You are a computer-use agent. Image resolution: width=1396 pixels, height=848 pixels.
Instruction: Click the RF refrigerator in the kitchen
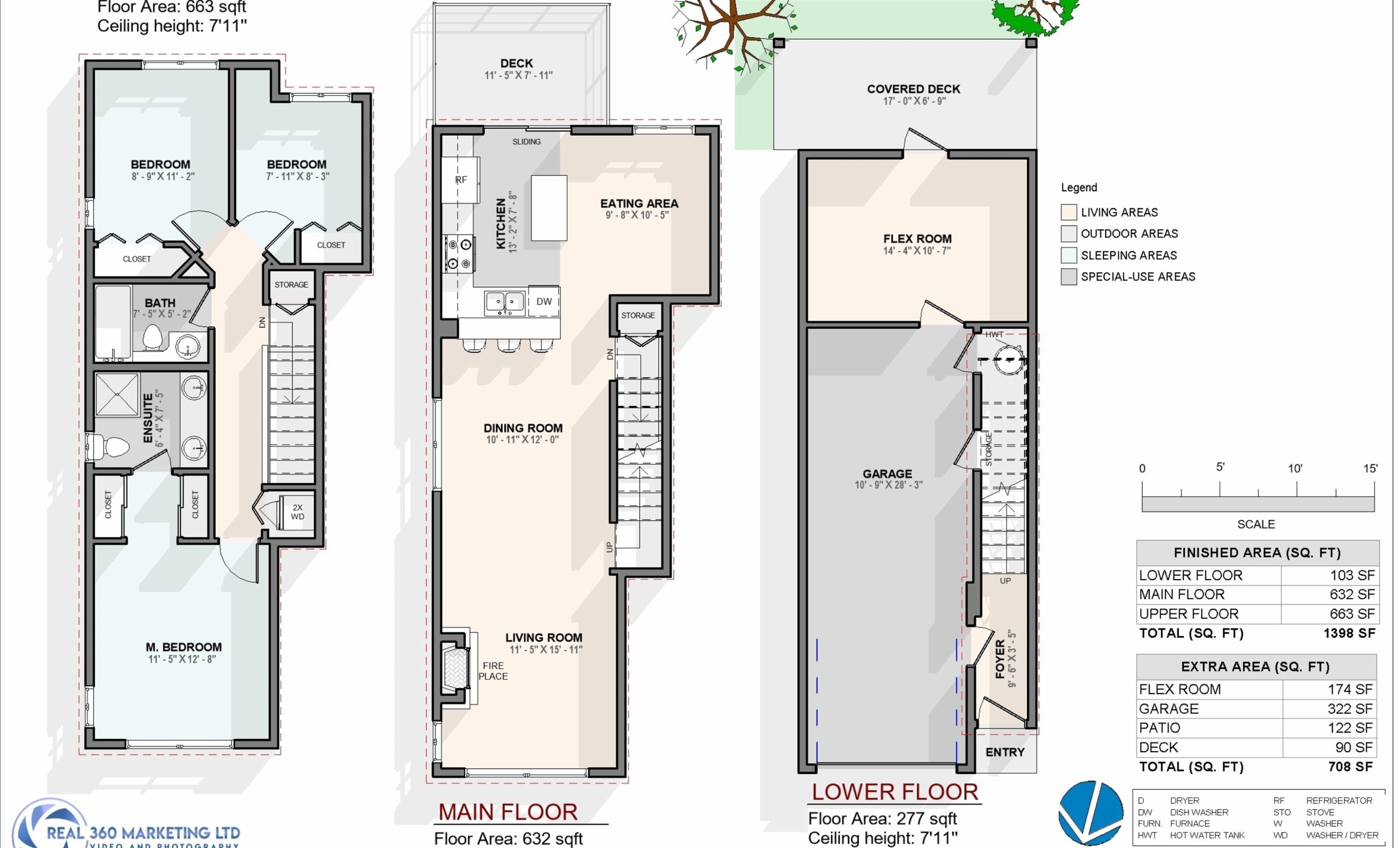(x=461, y=180)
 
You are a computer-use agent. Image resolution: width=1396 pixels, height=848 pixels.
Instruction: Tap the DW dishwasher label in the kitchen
(x=544, y=302)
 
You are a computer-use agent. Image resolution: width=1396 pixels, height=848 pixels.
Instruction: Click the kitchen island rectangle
(x=549, y=208)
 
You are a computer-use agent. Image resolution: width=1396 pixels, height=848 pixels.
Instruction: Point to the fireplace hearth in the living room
(x=456, y=668)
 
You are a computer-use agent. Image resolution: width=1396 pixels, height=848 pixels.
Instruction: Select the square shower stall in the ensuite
(x=117, y=394)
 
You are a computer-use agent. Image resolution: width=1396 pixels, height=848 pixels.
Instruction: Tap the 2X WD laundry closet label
(x=297, y=512)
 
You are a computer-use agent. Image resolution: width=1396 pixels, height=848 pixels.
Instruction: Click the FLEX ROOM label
(x=917, y=238)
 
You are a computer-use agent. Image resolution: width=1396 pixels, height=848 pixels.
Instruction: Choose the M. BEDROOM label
(x=183, y=647)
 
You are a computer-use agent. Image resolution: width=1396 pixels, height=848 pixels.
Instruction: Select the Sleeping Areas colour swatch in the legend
(x=1068, y=255)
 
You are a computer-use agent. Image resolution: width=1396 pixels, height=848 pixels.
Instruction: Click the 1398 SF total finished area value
(x=1349, y=633)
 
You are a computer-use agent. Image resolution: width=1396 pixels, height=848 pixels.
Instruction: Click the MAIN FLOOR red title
(x=508, y=812)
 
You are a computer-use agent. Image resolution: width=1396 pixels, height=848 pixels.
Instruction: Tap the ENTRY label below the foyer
(x=1005, y=752)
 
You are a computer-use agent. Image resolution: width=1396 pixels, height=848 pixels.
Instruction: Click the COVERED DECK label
(x=913, y=89)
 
